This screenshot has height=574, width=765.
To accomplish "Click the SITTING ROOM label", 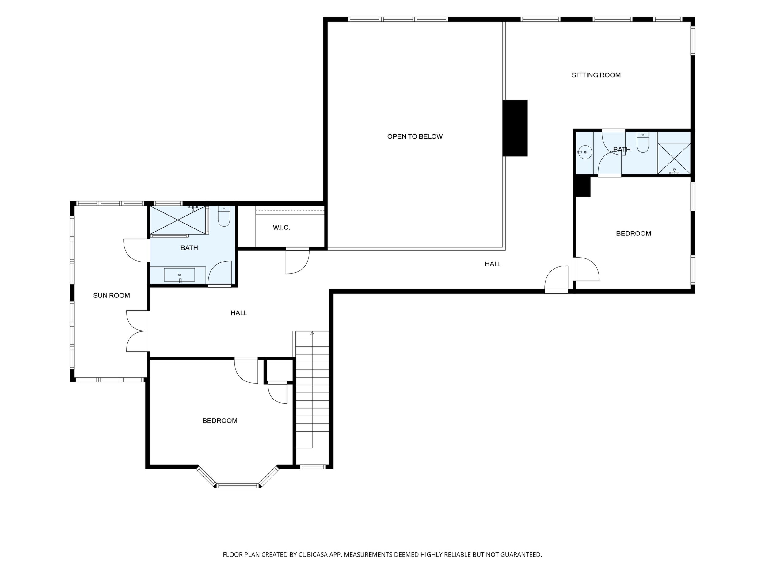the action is (596, 75).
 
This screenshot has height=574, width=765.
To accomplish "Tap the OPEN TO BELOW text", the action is (415, 136).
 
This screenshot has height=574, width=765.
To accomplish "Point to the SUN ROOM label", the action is (111, 296).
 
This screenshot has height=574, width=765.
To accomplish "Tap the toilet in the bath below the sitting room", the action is (643, 143).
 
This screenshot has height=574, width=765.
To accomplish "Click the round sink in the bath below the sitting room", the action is (584, 152).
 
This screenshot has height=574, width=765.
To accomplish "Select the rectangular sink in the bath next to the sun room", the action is (179, 275).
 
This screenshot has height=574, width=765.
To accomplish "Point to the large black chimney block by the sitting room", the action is (515, 128).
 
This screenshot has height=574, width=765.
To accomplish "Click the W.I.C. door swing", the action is (297, 261).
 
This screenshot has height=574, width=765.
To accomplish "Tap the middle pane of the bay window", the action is (238, 485).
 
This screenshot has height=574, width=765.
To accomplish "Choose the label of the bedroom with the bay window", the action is (220, 421).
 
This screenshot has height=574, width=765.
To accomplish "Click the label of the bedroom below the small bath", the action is (634, 234).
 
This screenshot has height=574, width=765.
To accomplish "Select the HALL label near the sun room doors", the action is (239, 313).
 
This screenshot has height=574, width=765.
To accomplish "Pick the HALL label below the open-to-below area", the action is (493, 264).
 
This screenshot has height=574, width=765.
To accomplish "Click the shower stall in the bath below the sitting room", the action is (674, 159).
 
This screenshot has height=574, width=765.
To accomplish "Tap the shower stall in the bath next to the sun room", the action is (178, 220).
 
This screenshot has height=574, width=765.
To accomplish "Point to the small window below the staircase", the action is (313, 467).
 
